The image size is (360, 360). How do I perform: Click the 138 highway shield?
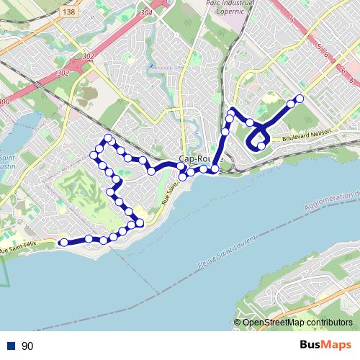68,12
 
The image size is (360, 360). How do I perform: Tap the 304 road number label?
148,12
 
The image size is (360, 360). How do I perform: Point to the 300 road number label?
5,102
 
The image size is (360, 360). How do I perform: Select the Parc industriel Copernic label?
211,12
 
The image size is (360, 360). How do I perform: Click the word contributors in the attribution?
331,323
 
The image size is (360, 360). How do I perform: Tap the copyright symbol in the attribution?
238,323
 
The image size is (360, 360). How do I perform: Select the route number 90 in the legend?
28,346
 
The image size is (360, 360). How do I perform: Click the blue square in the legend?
12,346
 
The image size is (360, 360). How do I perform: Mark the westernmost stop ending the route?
63,243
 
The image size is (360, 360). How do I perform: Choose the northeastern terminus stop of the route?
300,99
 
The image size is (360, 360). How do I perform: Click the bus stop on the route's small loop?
261,146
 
